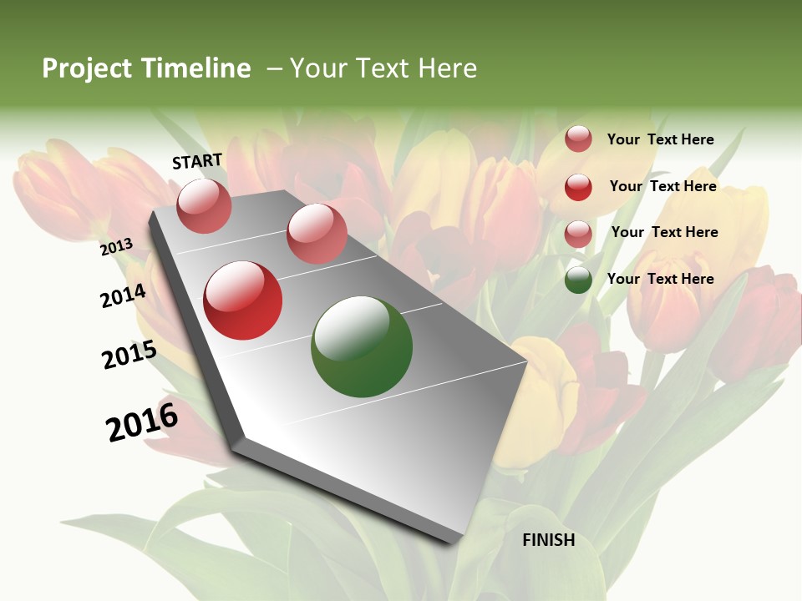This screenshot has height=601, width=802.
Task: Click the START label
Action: point(197,161)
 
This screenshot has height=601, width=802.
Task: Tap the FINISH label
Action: point(549,540)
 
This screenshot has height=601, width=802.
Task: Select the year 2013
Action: point(117,246)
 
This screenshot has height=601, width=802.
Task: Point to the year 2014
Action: point(124,295)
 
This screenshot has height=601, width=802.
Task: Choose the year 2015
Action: point(129,355)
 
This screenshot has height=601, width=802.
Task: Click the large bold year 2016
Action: point(142,422)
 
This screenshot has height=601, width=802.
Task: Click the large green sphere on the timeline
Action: point(362,346)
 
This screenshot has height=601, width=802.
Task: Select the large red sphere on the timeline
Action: point(243,300)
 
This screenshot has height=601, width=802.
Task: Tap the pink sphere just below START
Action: point(205,205)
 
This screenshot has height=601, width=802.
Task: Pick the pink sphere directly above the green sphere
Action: point(317,234)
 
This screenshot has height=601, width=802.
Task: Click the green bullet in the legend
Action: point(578,280)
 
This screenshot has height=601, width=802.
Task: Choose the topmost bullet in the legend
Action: point(578,139)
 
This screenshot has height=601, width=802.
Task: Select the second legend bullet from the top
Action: point(578,187)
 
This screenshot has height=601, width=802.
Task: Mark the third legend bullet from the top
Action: point(578,234)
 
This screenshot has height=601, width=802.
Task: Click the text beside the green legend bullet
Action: point(660,279)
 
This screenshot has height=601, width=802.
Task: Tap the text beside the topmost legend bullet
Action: point(660,139)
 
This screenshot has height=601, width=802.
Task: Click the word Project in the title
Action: point(88,68)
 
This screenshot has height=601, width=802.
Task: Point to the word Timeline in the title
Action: point(195,68)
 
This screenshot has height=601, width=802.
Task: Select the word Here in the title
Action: point(447,68)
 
